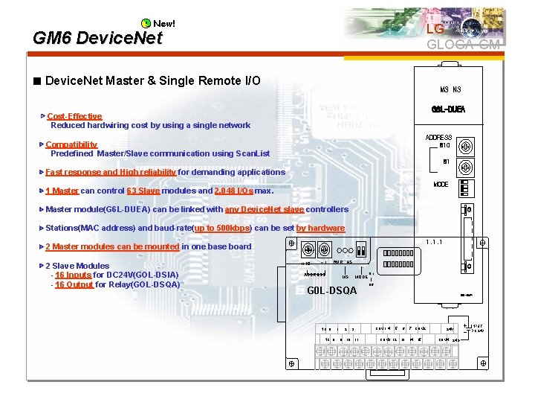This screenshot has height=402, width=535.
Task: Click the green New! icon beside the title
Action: tap(146, 24)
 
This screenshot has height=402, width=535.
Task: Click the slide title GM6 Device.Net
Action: tap(97, 38)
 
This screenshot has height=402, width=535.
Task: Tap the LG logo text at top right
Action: tap(435, 29)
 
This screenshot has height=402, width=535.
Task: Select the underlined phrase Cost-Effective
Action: tap(74, 116)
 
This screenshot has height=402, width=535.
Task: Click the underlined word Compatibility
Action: tap(71, 144)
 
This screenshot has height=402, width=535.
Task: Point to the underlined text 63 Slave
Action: tap(143, 191)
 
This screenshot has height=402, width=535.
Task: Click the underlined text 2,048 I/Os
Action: tap(233, 191)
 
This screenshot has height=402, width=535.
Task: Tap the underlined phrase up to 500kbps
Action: tap(222, 228)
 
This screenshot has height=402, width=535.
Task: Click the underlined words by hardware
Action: tap(320, 228)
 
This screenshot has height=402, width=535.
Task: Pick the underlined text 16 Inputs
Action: tap(73, 275)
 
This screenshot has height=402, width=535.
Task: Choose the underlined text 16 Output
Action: tap(74, 284)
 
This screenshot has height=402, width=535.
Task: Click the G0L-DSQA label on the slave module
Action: tap(332, 290)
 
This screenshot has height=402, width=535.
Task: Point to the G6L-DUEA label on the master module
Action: tap(448, 110)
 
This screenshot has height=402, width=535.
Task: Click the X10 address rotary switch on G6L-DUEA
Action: tap(467, 145)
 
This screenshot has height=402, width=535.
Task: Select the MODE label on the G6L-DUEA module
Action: tap(441, 184)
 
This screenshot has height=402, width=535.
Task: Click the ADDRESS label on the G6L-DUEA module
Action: tap(438, 138)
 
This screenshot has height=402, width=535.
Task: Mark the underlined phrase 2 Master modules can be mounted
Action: tap(112, 246)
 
